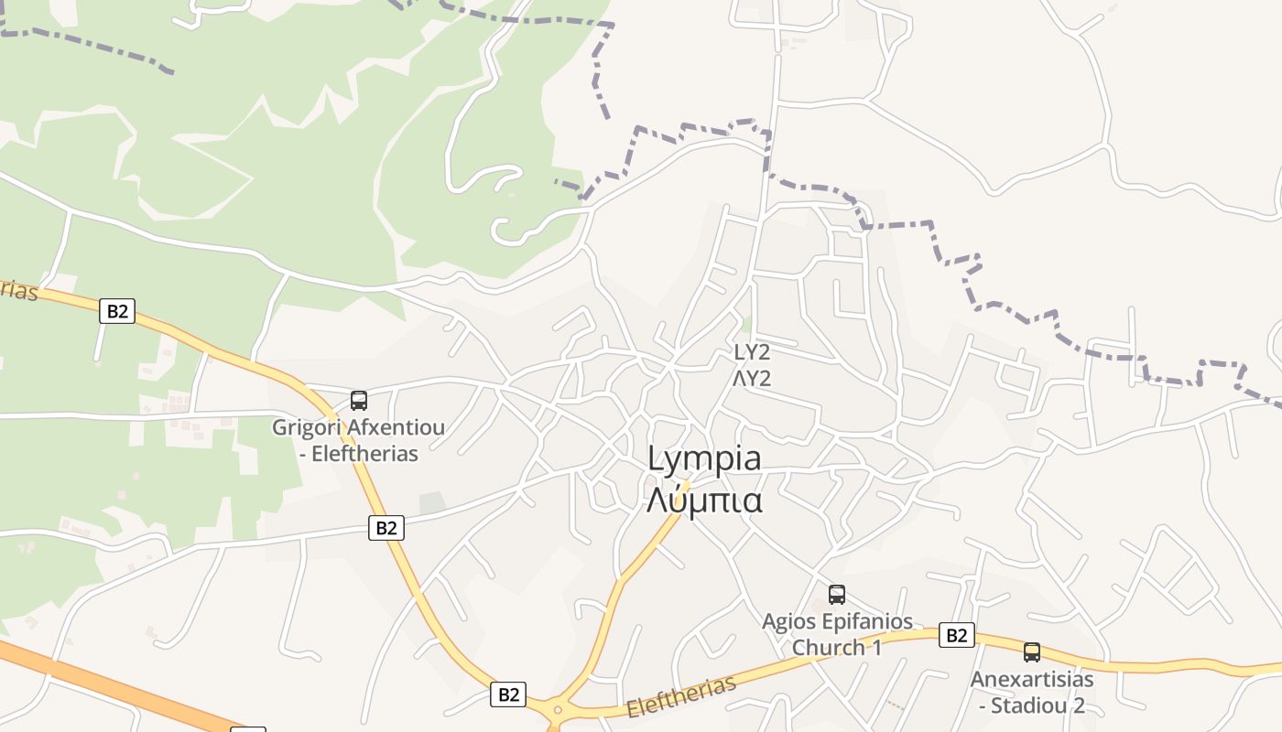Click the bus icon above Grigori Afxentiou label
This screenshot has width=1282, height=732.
click(x=359, y=401)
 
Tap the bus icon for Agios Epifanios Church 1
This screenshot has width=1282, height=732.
click(x=837, y=595)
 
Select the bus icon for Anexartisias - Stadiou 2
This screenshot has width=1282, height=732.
click(x=1032, y=652)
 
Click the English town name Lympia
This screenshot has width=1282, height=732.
click(x=704, y=458)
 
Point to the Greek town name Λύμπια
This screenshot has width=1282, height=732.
click(x=704, y=500)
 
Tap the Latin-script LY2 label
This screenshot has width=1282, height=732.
click(x=752, y=352)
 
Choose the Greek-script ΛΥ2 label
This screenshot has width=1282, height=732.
click(x=752, y=378)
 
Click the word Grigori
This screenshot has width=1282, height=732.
click(x=305, y=427)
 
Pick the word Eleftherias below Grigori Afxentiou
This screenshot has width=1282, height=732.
click(x=364, y=453)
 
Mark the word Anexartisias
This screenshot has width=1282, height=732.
click(x=1032, y=680)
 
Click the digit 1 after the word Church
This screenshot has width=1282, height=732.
click(x=875, y=648)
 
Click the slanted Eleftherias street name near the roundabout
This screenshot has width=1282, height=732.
click(x=681, y=698)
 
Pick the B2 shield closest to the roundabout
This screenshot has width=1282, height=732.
click(x=508, y=694)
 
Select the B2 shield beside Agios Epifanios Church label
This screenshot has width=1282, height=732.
click(x=956, y=635)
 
